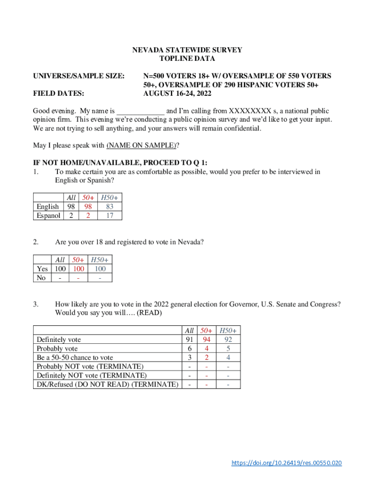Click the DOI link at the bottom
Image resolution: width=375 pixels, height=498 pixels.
(x=286, y=462)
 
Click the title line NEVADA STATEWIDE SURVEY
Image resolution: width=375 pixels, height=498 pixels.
(x=187, y=50)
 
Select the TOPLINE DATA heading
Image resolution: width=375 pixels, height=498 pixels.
(x=187, y=58)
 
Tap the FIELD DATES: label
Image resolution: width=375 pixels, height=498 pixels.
(x=58, y=93)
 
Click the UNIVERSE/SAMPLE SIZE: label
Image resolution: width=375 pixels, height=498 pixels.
(x=78, y=76)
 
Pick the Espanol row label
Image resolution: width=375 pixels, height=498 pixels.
(x=48, y=215)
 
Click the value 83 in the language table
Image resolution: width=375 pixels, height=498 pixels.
(x=110, y=207)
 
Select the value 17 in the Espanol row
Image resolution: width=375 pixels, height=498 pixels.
(x=110, y=215)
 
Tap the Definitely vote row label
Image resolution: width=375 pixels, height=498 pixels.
(x=59, y=339)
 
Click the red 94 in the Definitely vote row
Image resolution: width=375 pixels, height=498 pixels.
(x=207, y=339)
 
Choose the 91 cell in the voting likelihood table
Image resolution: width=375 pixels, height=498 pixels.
(x=189, y=339)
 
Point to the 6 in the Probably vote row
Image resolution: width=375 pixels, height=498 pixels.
(x=189, y=348)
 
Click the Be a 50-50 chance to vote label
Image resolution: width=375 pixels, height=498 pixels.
(x=75, y=357)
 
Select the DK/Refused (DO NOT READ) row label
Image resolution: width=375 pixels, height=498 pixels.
(x=107, y=384)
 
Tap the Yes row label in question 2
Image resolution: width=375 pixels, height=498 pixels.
(x=42, y=268)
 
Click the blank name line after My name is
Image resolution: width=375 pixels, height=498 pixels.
(x=141, y=111)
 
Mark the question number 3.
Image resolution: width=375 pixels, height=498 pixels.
(x=36, y=304)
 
